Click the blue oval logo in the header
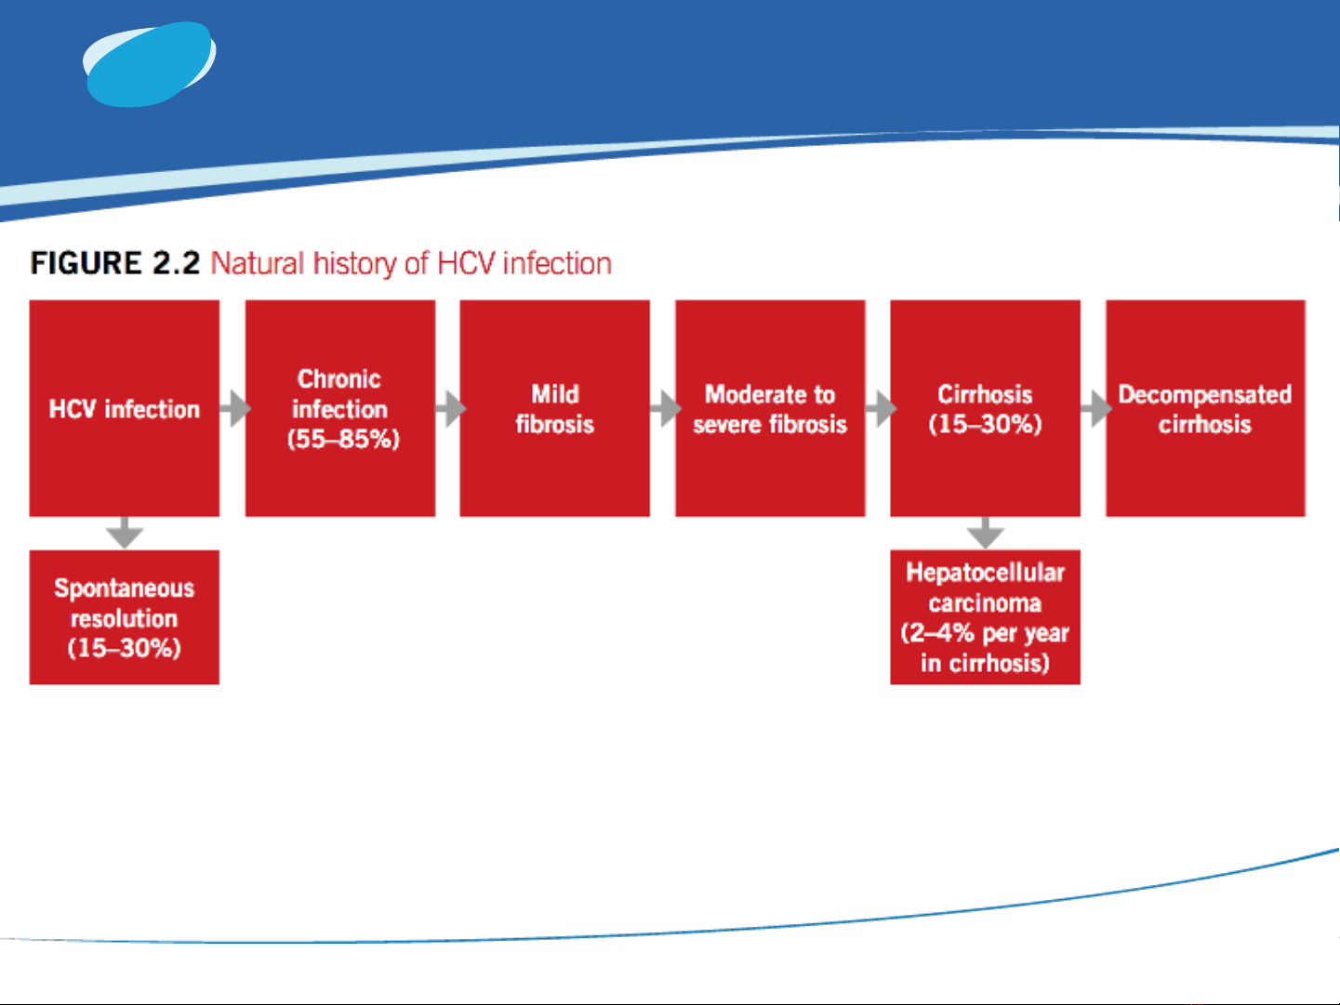pyautogui.click(x=150, y=64)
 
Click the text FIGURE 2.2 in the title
pyautogui.click(x=115, y=264)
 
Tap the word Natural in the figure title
pyautogui.click(x=257, y=264)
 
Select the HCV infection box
pyautogui.click(x=125, y=408)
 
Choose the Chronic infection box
pyautogui.click(x=340, y=408)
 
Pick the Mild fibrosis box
pyautogui.click(x=555, y=408)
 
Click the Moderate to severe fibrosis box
pyautogui.click(x=770, y=408)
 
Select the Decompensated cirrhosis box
pyautogui.click(x=1206, y=408)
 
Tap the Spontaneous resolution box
pyautogui.click(x=125, y=617)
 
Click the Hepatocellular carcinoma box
pyautogui.click(x=986, y=617)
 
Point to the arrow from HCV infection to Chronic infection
pyautogui.click(x=235, y=408)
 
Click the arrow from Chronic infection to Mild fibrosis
pyautogui.click(x=450, y=408)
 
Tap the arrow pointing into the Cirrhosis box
pyautogui.click(x=881, y=408)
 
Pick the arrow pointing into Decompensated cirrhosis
pyautogui.click(x=1096, y=408)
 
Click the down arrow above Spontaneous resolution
pyautogui.click(x=125, y=533)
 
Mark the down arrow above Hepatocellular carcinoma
pyautogui.click(x=986, y=533)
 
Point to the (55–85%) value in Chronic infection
pyautogui.click(x=343, y=439)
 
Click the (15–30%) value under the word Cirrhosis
pyautogui.click(x=986, y=424)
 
